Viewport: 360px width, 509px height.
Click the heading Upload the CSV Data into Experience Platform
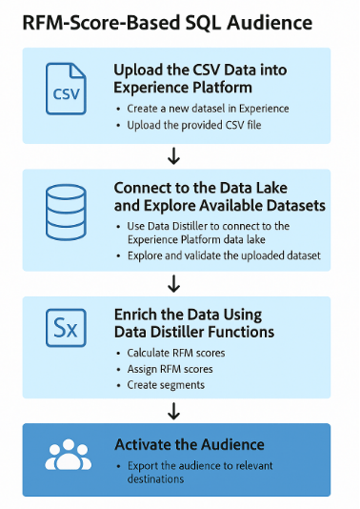(200, 78)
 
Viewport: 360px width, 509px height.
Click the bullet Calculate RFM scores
(177, 354)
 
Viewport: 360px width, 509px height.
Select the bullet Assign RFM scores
(170, 369)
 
